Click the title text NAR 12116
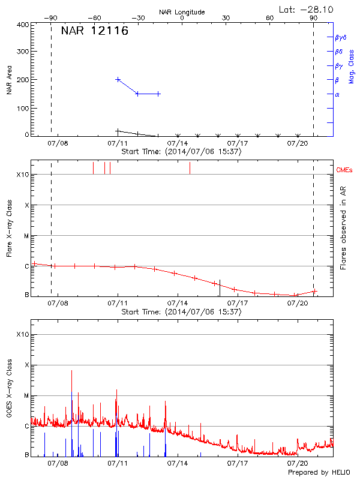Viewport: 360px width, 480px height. [94, 31]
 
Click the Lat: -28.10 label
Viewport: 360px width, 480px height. [307, 9]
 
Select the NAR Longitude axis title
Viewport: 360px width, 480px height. [182, 12]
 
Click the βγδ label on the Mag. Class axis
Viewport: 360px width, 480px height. [340, 37]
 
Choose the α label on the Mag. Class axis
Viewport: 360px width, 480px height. [337, 94]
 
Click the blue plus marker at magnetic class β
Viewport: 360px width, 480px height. [118, 79]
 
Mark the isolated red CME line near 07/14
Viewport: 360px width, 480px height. [190, 167]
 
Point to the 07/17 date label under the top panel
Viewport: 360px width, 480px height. [238, 143]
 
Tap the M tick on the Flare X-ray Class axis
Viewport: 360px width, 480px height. [26, 236]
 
